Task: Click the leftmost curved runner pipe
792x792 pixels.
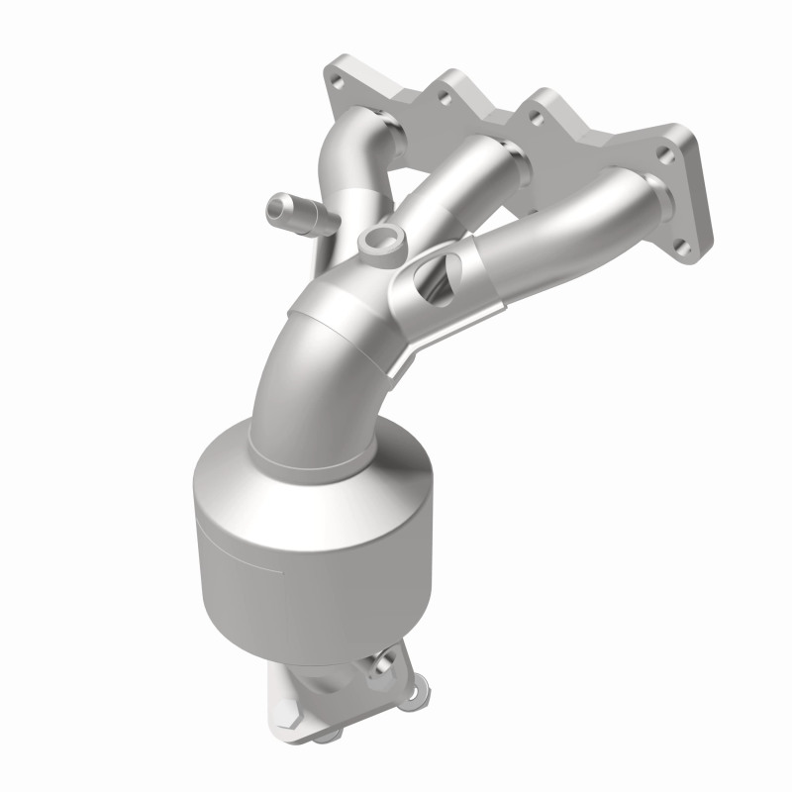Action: (346, 168)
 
